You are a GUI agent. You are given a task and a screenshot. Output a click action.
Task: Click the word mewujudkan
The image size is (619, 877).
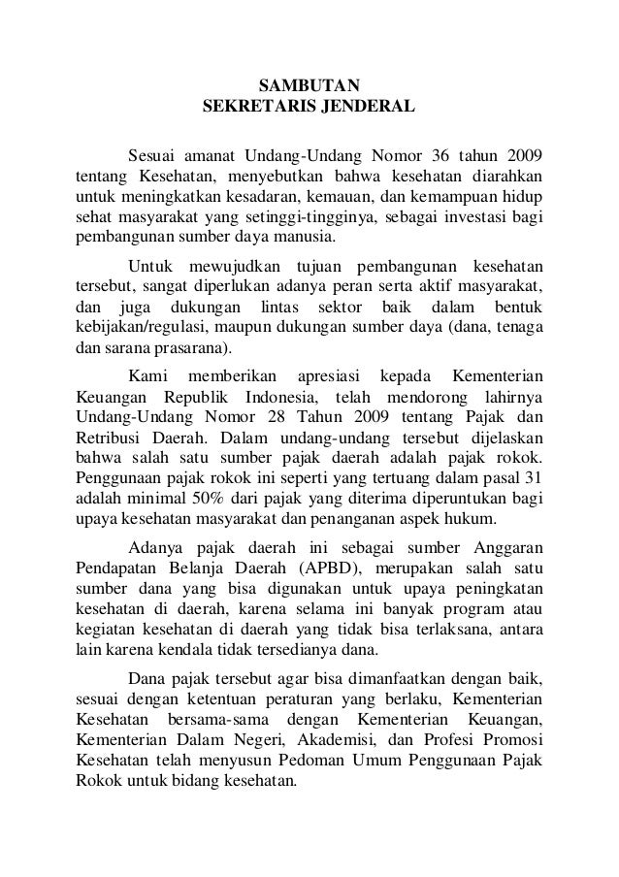coord(232,267)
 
